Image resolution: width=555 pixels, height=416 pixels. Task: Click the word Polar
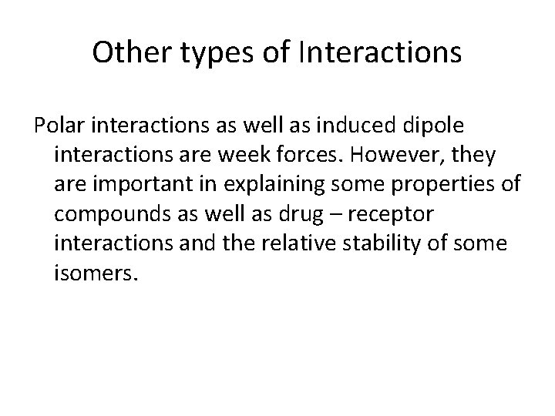tap(56, 126)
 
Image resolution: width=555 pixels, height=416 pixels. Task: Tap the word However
tap(408, 156)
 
